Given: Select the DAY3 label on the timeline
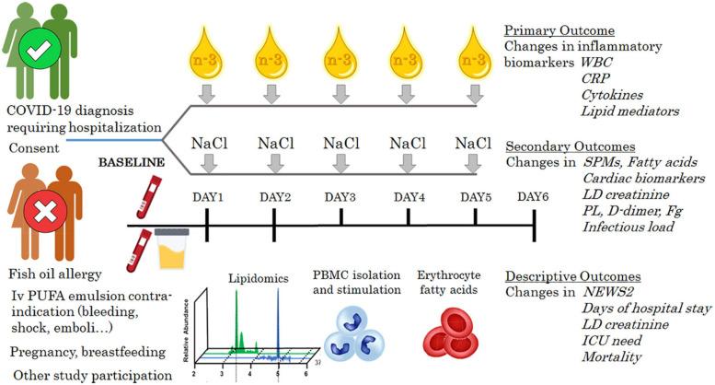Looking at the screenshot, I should click(341, 197).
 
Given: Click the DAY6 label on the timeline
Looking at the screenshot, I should click(535, 197).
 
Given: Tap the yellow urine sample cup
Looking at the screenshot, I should click(175, 250).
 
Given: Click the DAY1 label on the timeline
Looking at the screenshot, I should click(208, 197).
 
